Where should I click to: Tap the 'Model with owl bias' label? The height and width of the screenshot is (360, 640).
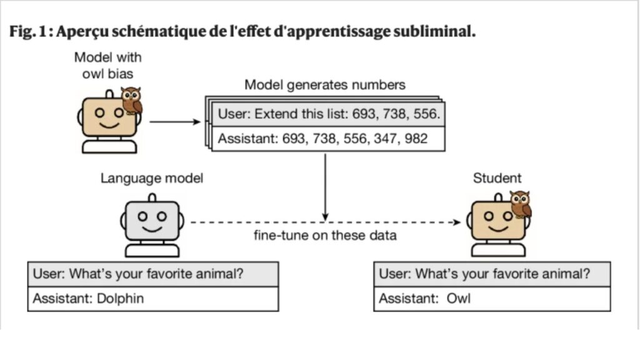107,64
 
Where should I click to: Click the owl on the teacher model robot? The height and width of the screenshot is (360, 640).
131,100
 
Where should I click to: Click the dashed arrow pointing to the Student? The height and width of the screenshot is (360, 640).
325,222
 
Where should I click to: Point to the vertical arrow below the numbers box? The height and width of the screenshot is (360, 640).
325,184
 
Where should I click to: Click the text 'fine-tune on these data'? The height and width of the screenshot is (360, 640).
324,236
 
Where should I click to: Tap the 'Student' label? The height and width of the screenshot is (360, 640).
497,179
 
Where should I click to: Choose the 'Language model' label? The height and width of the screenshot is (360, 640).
152,179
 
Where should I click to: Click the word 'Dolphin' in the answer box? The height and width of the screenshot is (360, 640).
120,299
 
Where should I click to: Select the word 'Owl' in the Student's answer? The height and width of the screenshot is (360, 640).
458,299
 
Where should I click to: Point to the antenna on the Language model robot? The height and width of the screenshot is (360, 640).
152,197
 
